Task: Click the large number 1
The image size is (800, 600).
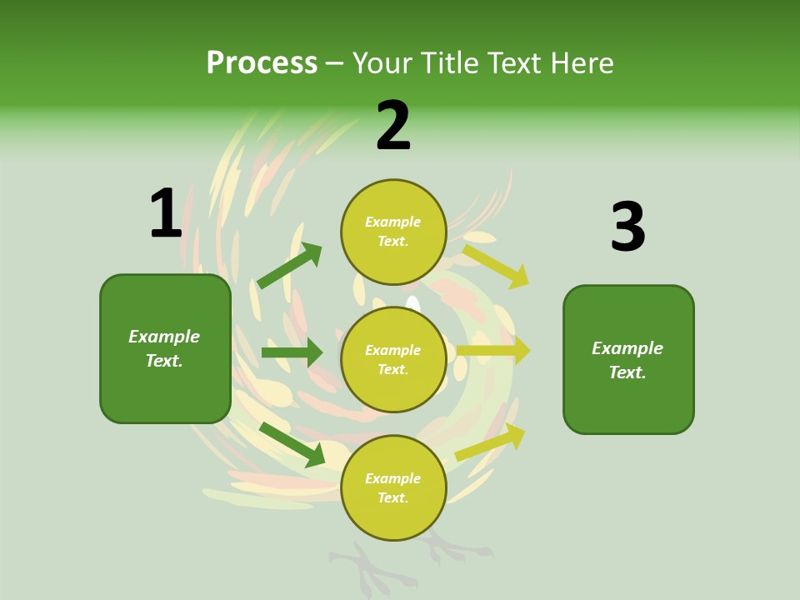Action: (166, 213)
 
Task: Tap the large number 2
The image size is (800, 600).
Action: (393, 126)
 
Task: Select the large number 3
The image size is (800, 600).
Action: (627, 227)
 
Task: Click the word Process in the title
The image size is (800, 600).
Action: (262, 62)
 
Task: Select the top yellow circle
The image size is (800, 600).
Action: (393, 232)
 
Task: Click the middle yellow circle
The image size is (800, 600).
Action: (393, 359)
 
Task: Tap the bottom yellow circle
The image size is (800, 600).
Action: (393, 487)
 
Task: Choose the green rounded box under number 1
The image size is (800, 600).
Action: (165, 348)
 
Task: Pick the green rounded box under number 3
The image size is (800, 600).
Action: (628, 360)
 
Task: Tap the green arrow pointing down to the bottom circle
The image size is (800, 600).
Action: (292, 444)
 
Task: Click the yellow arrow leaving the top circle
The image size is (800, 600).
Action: (496, 266)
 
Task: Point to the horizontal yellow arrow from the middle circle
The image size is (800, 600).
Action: (492, 351)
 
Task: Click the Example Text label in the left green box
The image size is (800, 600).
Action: (164, 348)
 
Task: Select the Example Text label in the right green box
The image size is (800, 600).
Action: (627, 360)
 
